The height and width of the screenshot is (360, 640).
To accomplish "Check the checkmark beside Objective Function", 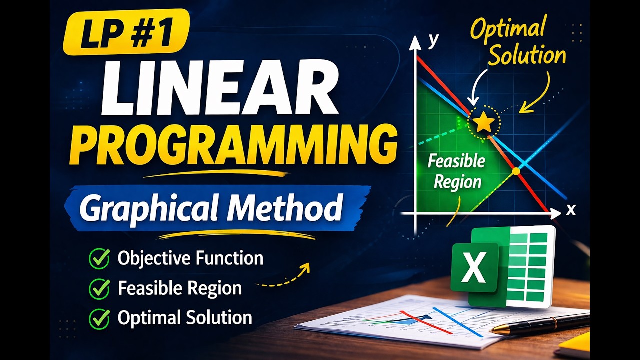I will (99, 258).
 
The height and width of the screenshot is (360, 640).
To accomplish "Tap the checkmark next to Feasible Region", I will (99, 288).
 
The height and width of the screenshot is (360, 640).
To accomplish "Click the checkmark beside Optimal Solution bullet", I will (99, 318).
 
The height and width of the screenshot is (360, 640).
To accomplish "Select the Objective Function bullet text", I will (190, 258).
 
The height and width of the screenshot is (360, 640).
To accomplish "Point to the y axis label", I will (433, 40).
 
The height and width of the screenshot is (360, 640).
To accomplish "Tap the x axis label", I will (571, 210).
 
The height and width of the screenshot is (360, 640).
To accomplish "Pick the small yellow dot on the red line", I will (516, 171).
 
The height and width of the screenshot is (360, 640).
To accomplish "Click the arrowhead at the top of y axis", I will (415, 43).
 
